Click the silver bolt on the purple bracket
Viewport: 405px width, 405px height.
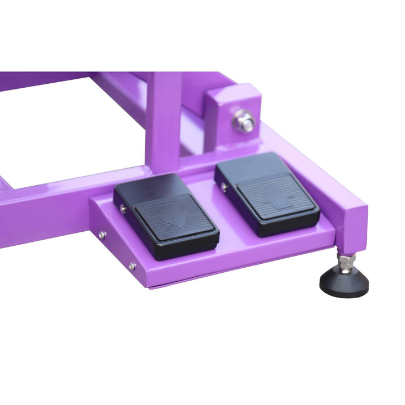243,120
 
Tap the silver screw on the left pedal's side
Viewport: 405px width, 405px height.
123,209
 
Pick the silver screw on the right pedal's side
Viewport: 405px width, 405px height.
224,186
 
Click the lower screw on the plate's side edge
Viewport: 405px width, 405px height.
132,266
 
